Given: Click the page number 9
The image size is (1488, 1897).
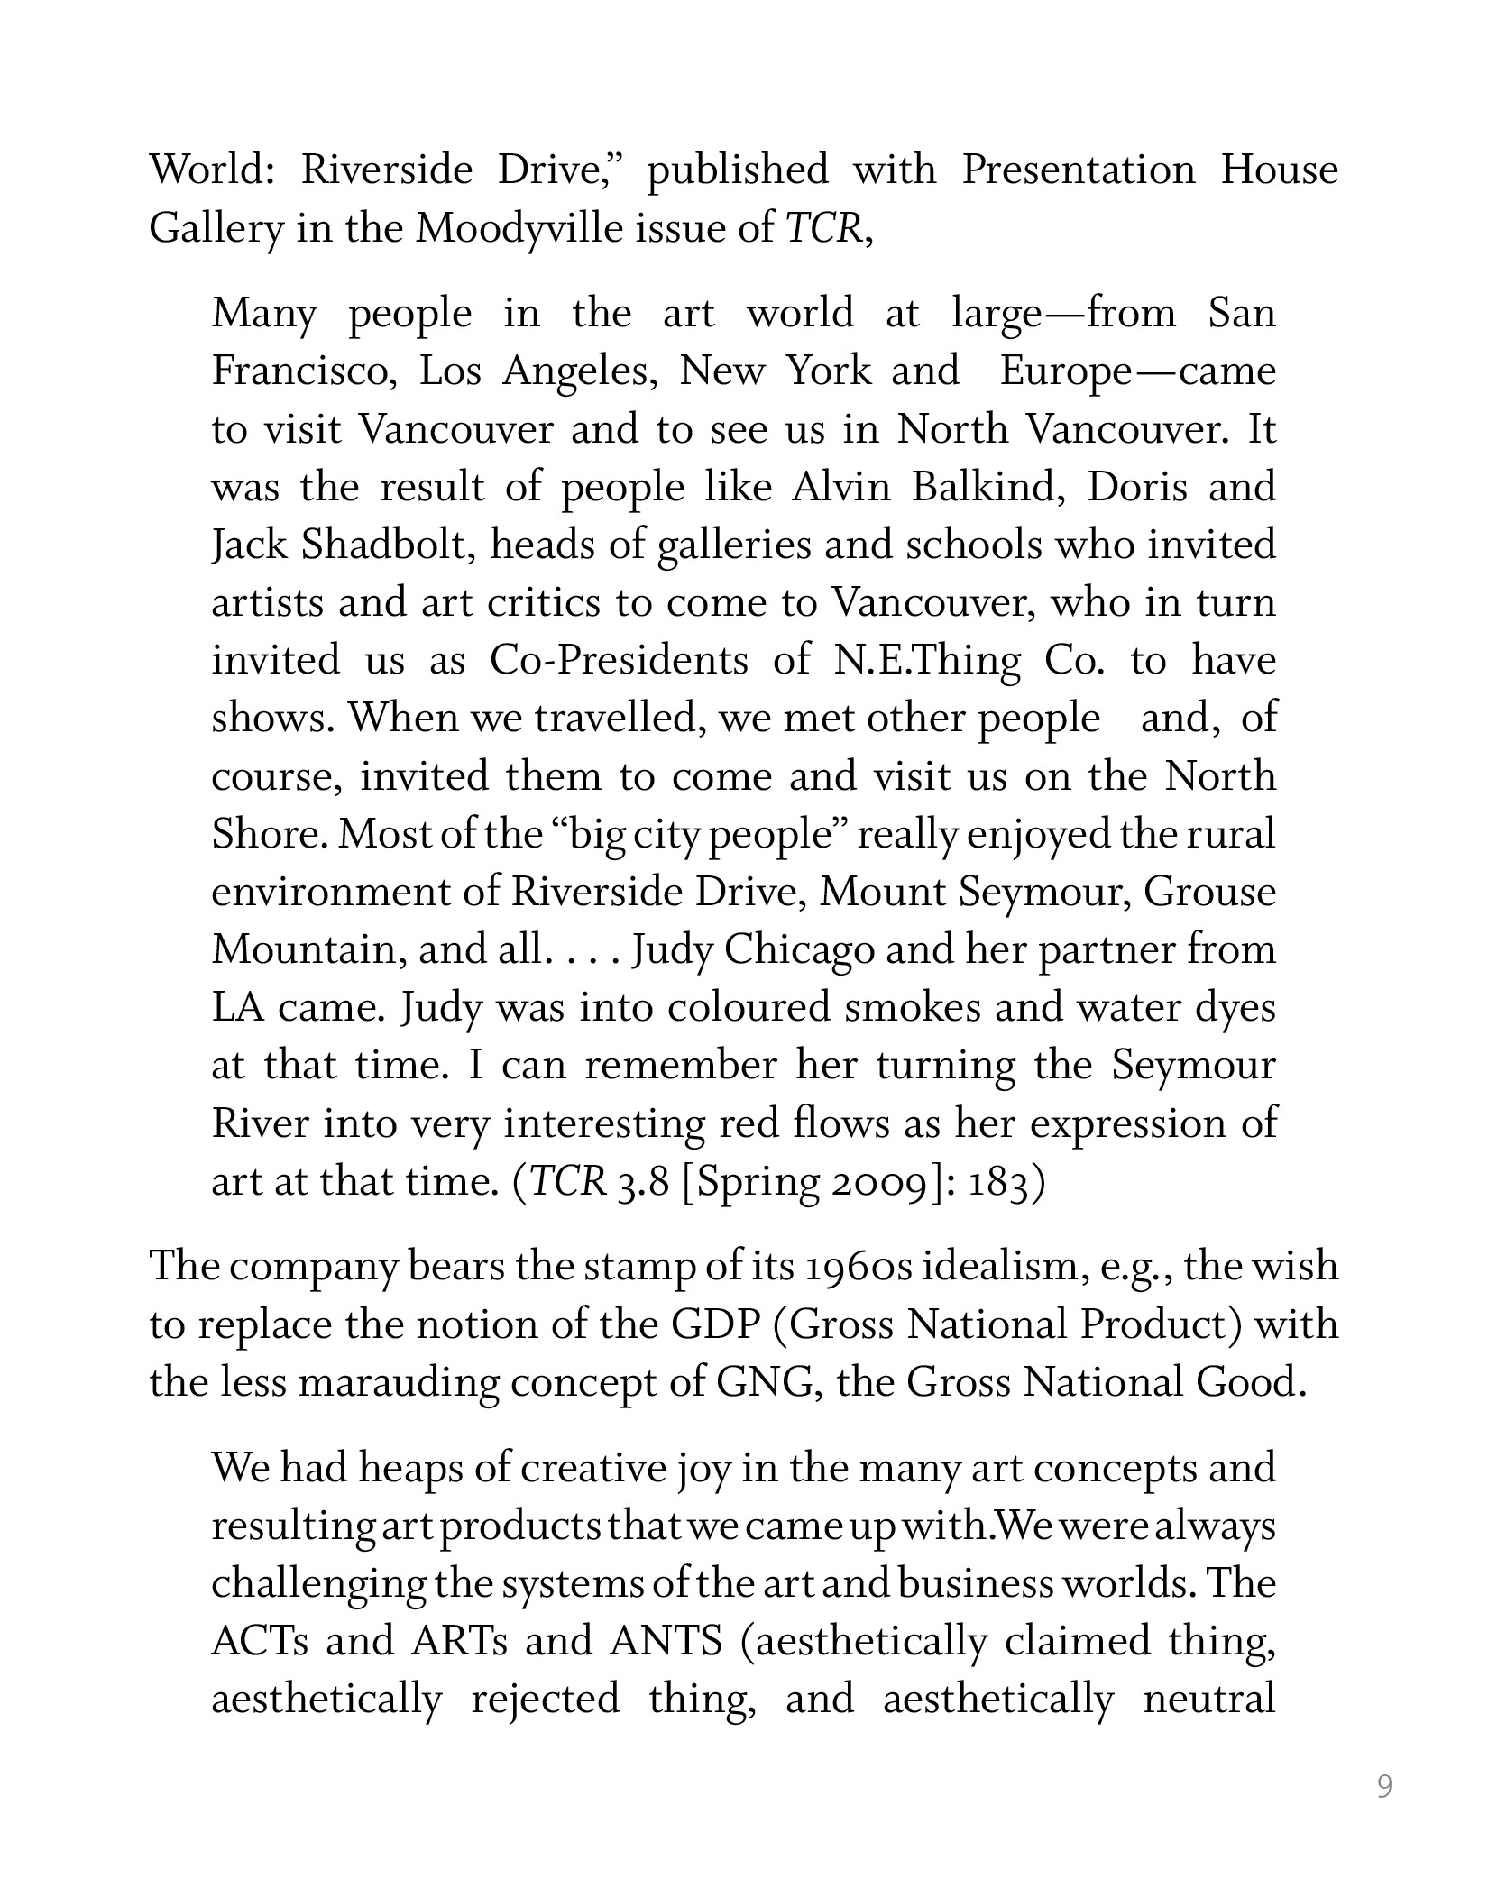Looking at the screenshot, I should click(1384, 1785).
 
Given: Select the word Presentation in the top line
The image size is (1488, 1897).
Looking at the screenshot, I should click(1078, 170).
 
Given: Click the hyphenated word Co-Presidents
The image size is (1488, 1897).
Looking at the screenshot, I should click(619, 661).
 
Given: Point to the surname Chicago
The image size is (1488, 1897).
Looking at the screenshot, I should click(799, 951).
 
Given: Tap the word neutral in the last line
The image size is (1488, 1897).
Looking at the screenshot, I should click(1208, 1700).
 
